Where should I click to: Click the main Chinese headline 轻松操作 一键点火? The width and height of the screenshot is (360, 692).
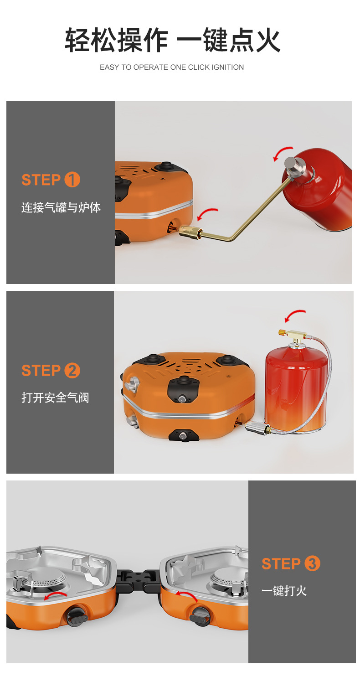172,40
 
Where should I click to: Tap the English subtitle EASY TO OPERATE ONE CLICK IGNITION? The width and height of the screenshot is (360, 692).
172,67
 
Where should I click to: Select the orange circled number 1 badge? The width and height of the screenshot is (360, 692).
72,180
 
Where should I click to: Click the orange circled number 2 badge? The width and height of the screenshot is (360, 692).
72,371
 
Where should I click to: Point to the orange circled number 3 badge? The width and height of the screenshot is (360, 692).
313,563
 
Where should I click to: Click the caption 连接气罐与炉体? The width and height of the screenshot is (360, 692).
61,207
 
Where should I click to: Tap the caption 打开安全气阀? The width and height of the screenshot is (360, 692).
55,398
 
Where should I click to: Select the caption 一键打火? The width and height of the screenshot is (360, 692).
284,591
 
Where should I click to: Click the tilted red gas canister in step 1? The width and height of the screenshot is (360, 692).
318,189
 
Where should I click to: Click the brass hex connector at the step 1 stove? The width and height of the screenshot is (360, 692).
190,232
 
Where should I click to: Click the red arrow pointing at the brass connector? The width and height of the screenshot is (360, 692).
206,212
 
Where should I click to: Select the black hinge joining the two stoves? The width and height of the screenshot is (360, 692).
139,581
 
